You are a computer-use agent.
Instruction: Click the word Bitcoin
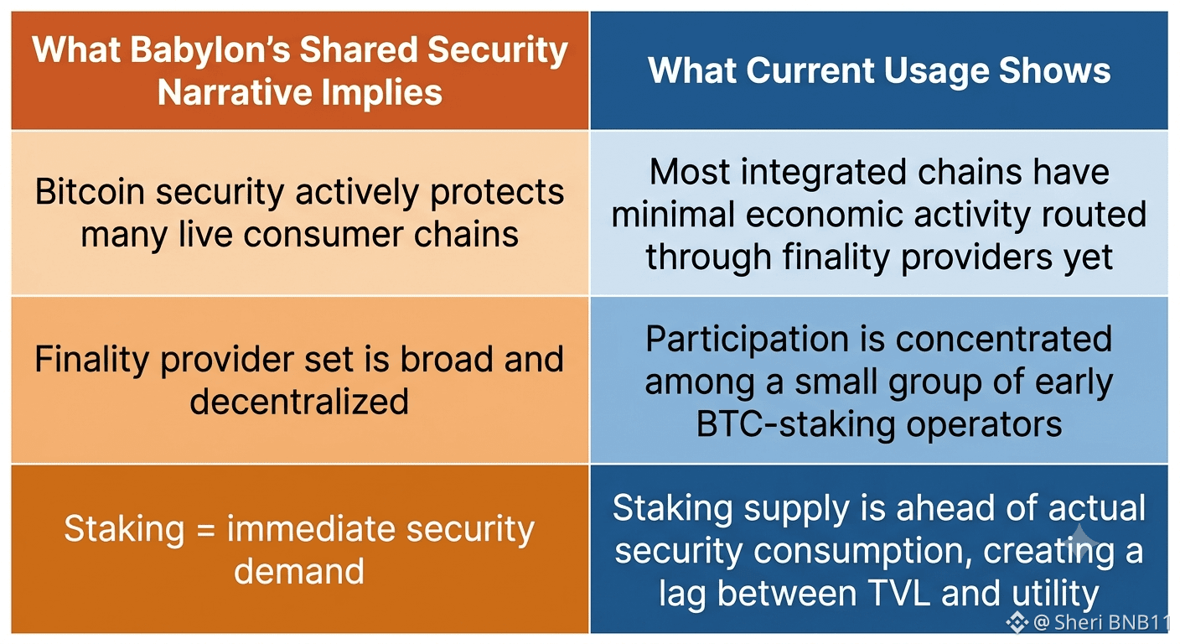(90, 191)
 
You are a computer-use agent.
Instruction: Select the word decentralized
(299, 402)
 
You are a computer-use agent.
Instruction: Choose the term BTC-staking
(795, 424)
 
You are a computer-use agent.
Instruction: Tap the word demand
(299, 572)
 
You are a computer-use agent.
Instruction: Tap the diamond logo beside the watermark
(1017, 622)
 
